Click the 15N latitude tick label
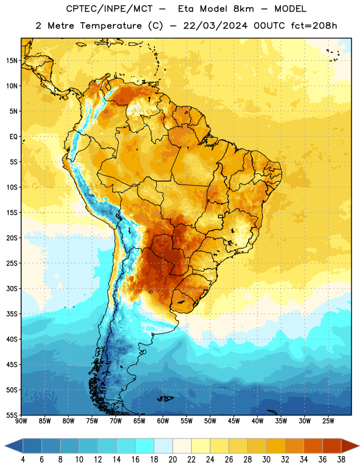[12, 61]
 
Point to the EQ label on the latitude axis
[13, 137]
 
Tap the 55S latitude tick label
[12, 415]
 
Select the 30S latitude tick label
[12, 288]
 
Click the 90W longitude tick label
[21, 421]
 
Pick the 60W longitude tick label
[163, 421]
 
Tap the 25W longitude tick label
[328, 421]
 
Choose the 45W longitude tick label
[234, 421]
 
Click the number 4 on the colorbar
[23, 460]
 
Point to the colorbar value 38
[341, 460]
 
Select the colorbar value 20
[172, 460]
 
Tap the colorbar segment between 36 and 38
[332, 446]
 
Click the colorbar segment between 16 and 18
[145, 446]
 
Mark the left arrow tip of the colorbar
[5, 446]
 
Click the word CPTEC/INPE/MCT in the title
[109, 9]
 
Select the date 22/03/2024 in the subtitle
[215, 26]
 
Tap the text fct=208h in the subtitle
[314, 26]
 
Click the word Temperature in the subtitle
[111, 26]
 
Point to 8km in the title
[243, 9]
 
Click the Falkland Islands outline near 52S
[165, 398]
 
